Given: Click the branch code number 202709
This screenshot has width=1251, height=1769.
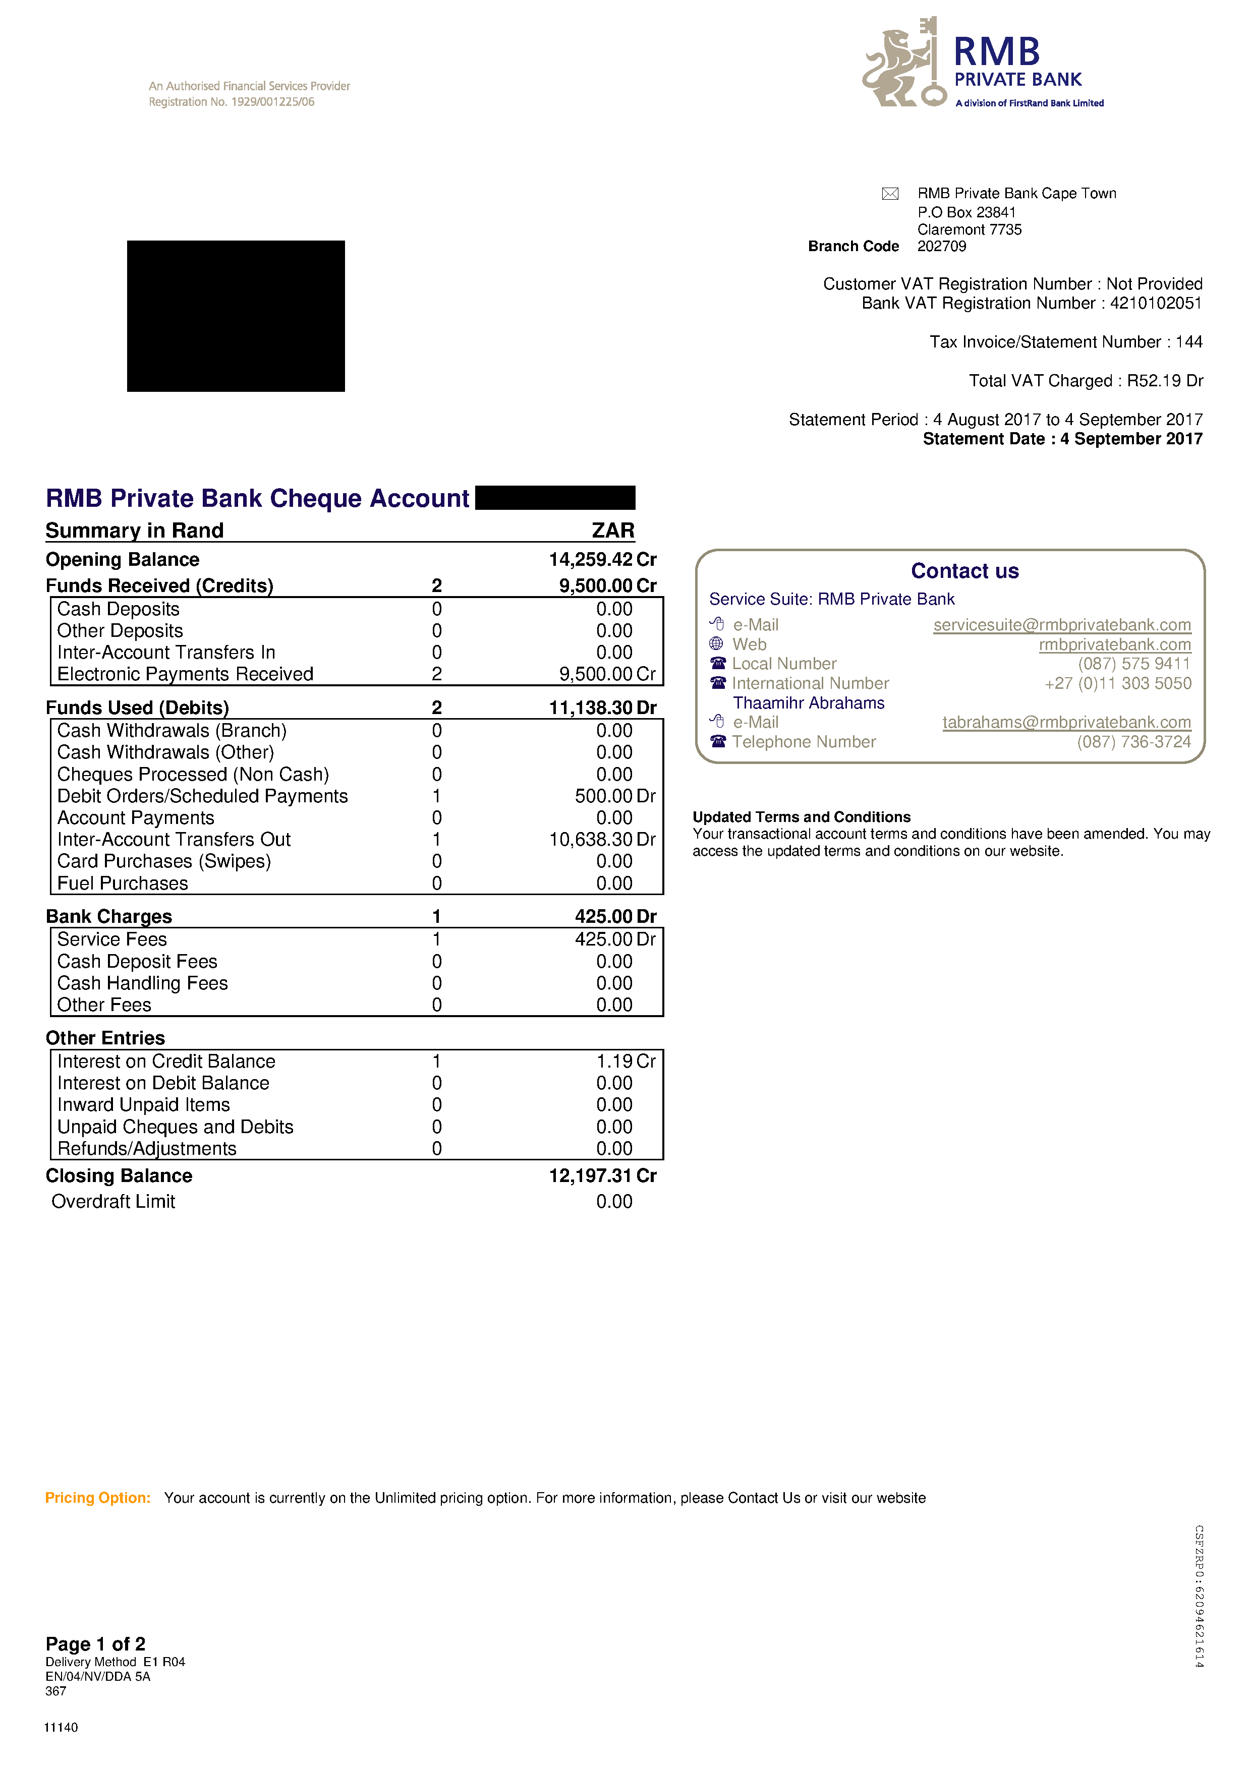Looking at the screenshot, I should click(x=941, y=247).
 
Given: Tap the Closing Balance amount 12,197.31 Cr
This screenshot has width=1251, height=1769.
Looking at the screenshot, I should click(x=602, y=1176).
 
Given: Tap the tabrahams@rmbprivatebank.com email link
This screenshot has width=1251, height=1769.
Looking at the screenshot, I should click(x=1066, y=722).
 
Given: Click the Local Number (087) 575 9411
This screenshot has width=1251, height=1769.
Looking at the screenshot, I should click(x=1134, y=664).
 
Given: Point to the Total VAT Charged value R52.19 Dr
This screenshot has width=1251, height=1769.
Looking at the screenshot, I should click(x=1164, y=381).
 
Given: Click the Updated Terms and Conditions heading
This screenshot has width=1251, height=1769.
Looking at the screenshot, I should click(x=801, y=817).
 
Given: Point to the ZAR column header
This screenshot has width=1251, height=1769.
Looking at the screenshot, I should click(x=613, y=531).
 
